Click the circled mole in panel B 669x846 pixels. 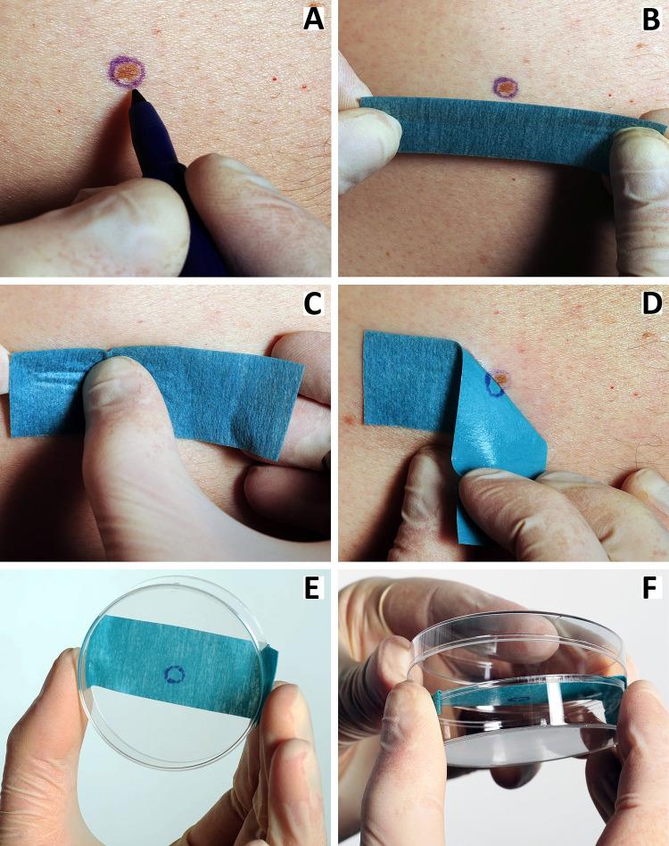tap(506, 87)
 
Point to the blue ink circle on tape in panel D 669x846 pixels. tap(491, 383)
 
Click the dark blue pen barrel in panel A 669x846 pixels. tap(192, 214)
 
